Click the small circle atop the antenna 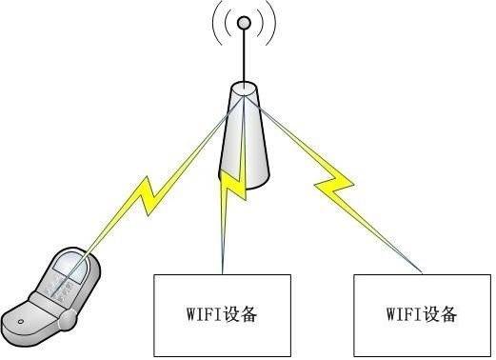click(x=244, y=22)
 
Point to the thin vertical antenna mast click(x=244, y=57)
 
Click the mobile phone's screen click(x=69, y=276)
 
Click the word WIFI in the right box click(x=403, y=312)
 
